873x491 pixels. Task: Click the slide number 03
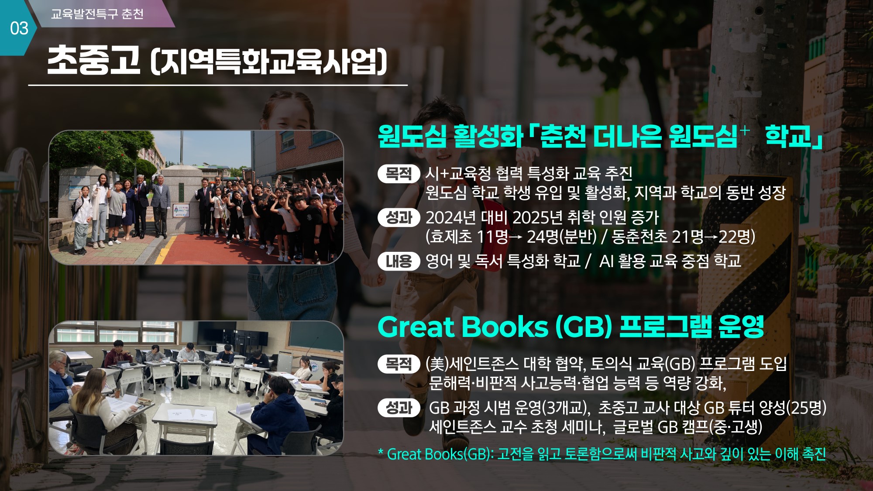coord(19,29)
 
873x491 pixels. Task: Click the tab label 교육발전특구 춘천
coord(97,14)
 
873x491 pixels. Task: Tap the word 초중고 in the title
coord(93,60)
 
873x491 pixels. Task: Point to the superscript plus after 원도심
coord(745,130)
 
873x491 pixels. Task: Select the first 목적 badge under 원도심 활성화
coord(399,174)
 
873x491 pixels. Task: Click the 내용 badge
coord(399,261)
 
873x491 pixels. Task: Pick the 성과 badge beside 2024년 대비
coord(399,217)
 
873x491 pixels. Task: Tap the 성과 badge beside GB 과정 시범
coord(399,408)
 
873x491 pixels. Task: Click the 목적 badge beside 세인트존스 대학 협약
coord(399,364)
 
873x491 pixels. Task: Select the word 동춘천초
coord(639,237)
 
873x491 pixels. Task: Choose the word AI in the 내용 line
coord(606,261)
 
